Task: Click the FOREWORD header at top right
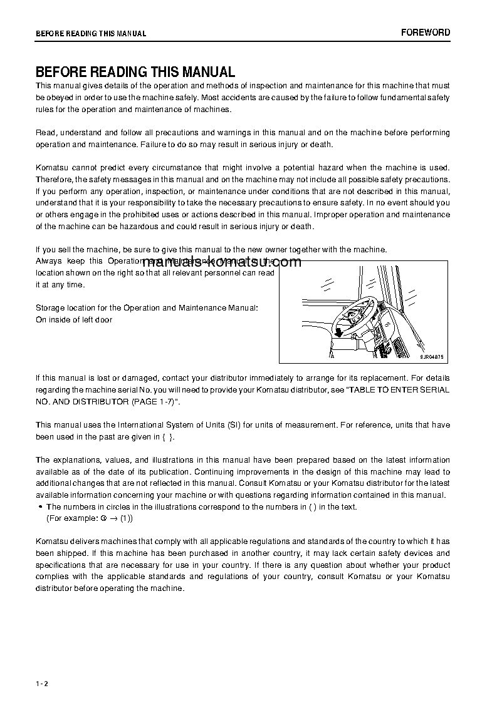pos(426,33)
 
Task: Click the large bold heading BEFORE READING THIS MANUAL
pos(135,72)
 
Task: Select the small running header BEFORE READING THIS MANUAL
pos(91,34)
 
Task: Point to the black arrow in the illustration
pos(338,331)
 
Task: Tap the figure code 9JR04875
pos(432,356)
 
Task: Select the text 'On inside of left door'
pos(74,320)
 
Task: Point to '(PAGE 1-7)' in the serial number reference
pos(151,401)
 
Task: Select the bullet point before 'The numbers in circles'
pos(40,507)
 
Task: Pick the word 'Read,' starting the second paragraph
pos(46,133)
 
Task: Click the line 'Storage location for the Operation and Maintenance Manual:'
pos(147,308)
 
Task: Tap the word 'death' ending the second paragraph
pos(320,145)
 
